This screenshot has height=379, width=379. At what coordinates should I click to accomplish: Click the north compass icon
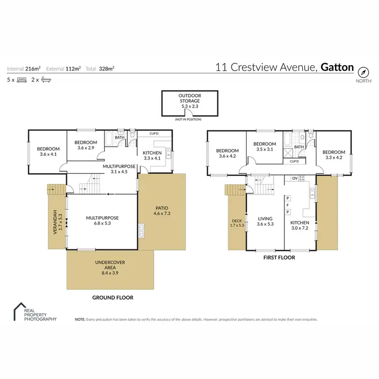[363, 71]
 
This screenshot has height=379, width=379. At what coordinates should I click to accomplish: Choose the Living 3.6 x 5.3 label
[265, 222]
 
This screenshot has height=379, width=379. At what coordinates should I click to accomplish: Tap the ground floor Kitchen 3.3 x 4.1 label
[152, 156]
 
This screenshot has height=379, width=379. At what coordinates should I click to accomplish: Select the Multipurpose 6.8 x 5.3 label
[102, 220]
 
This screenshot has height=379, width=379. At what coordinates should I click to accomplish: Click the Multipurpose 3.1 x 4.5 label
[118, 168]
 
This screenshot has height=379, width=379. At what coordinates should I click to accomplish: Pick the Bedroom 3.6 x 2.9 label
[85, 145]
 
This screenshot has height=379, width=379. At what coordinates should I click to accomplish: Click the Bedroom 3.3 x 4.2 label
[334, 155]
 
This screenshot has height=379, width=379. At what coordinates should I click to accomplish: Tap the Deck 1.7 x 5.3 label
[237, 222]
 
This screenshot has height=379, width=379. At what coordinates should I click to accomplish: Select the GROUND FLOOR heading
[113, 298]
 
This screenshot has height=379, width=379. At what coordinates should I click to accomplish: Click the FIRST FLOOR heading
[279, 257]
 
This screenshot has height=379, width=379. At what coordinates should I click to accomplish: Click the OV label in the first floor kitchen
[294, 178]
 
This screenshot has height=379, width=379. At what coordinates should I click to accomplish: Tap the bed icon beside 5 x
[22, 79]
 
